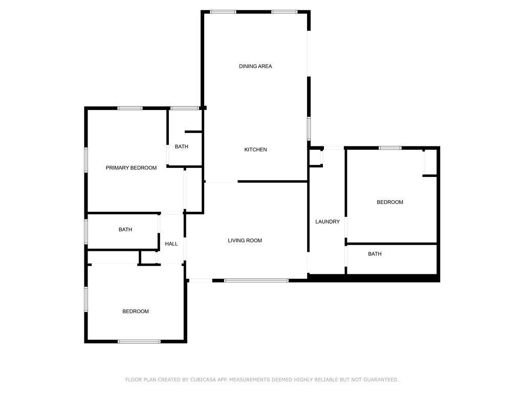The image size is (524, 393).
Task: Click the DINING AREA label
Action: click(255, 66)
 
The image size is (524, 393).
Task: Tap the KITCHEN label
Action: click(255, 149)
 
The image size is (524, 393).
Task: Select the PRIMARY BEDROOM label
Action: click(131, 168)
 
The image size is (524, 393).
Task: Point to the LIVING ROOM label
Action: click(245, 241)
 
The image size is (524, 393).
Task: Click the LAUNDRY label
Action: click(327, 222)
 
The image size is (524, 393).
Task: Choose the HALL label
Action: click(171, 244)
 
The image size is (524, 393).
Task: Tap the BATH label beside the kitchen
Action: click(181, 147)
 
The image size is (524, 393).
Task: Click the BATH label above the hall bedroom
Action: click(125, 230)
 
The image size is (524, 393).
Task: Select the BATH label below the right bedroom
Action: click(375, 254)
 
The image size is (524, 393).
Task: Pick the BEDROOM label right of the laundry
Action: click(390, 202)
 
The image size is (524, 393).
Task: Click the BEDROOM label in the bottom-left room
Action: click(136, 312)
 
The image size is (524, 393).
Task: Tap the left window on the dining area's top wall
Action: click(223, 12)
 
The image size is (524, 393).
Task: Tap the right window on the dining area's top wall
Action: click(285, 12)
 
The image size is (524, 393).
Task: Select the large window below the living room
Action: click(256, 280)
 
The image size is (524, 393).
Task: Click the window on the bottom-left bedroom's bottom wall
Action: click(139, 341)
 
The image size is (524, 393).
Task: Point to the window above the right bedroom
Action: click(390, 148)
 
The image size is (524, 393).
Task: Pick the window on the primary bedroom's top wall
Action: click(130, 108)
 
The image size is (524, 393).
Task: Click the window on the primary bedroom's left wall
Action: click(86, 160)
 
